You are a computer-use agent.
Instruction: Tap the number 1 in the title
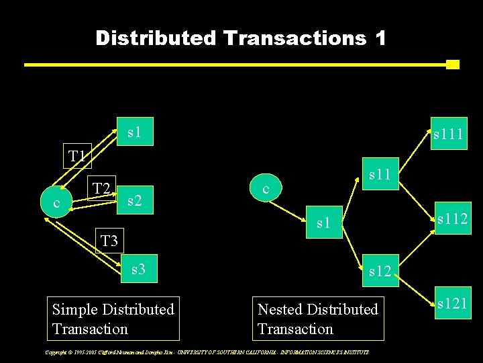tap(381, 38)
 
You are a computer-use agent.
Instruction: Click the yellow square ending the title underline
tap(452, 65)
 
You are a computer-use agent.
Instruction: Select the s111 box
tap(447, 135)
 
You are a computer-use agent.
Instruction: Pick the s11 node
tap(380, 175)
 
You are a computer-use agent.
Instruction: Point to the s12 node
tap(380, 271)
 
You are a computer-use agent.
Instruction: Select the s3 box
tap(138, 270)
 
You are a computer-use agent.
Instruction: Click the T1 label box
tap(76, 157)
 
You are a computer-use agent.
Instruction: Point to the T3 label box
tap(109, 239)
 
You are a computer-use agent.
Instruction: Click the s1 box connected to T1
tap(135, 132)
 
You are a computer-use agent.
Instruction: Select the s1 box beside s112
tap(324, 223)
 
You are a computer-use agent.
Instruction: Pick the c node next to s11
tap(266, 190)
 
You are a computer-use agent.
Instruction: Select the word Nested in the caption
tap(280, 309)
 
